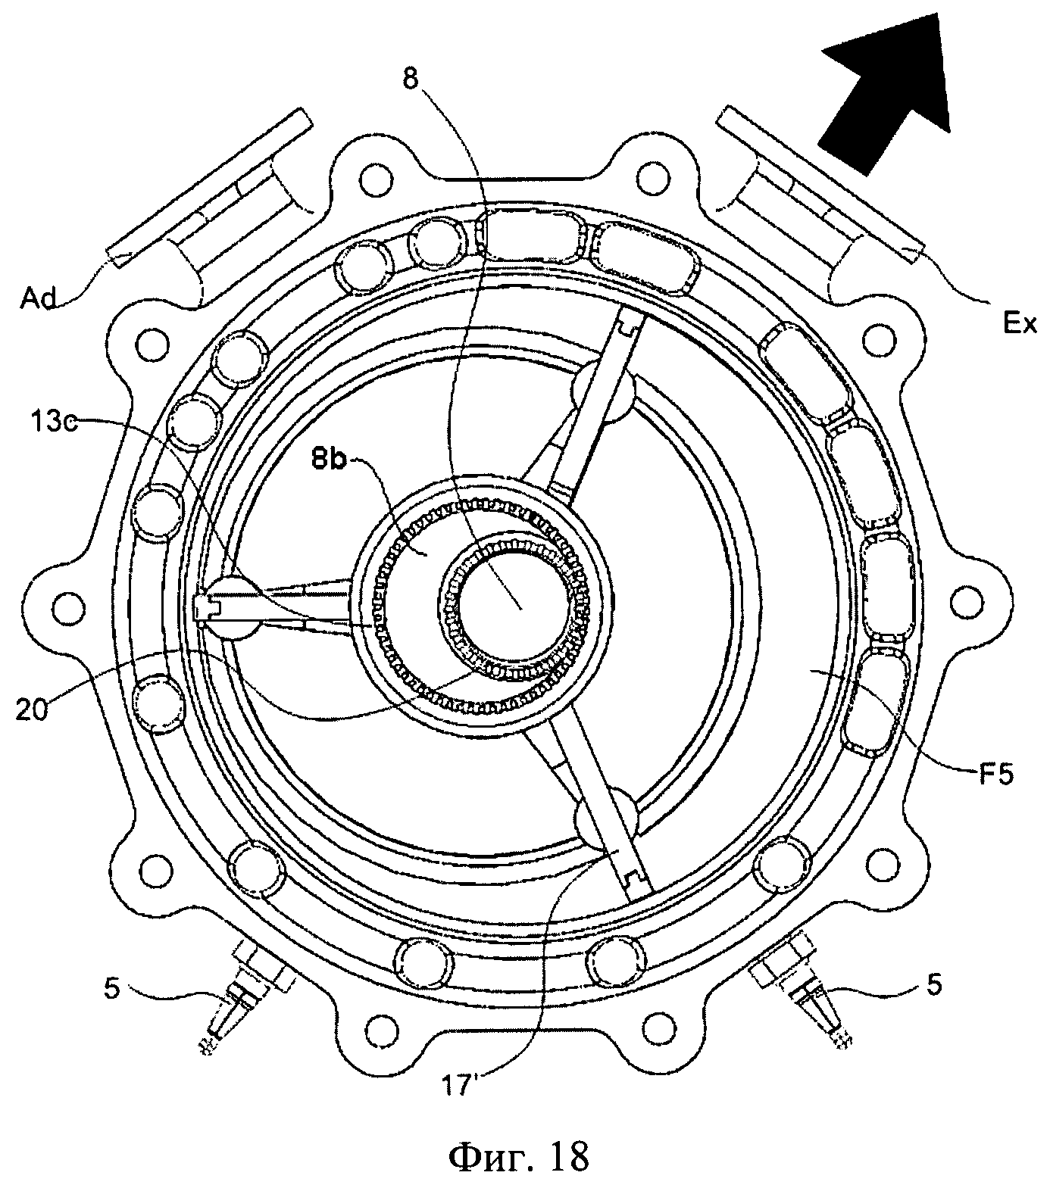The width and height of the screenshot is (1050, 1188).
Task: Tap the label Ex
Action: point(1020,323)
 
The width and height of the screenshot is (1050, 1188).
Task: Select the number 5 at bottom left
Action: point(111,990)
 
